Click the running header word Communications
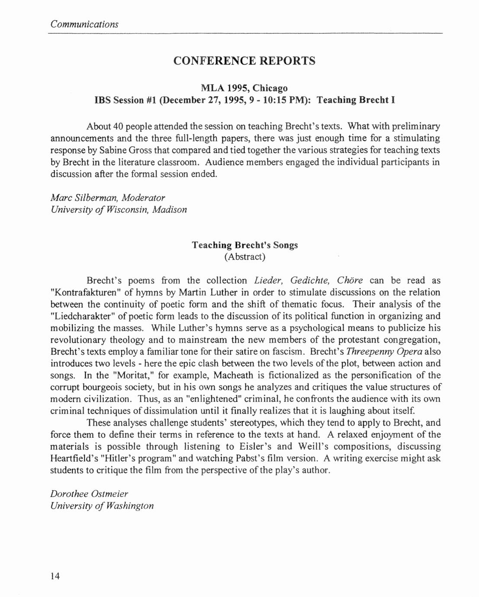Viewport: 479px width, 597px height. tap(84, 24)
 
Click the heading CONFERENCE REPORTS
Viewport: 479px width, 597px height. tap(244, 61)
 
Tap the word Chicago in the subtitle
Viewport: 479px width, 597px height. tap(270, 88)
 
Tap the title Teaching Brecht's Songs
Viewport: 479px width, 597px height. tap(245, 245)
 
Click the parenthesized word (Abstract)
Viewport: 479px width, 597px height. tap(245, 257)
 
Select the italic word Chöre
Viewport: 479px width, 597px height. tap(350, 280)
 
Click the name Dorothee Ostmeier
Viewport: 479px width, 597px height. tap(89, 494)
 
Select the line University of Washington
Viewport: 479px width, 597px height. tap(102, 505)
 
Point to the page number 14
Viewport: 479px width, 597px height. tap(55, 575)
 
